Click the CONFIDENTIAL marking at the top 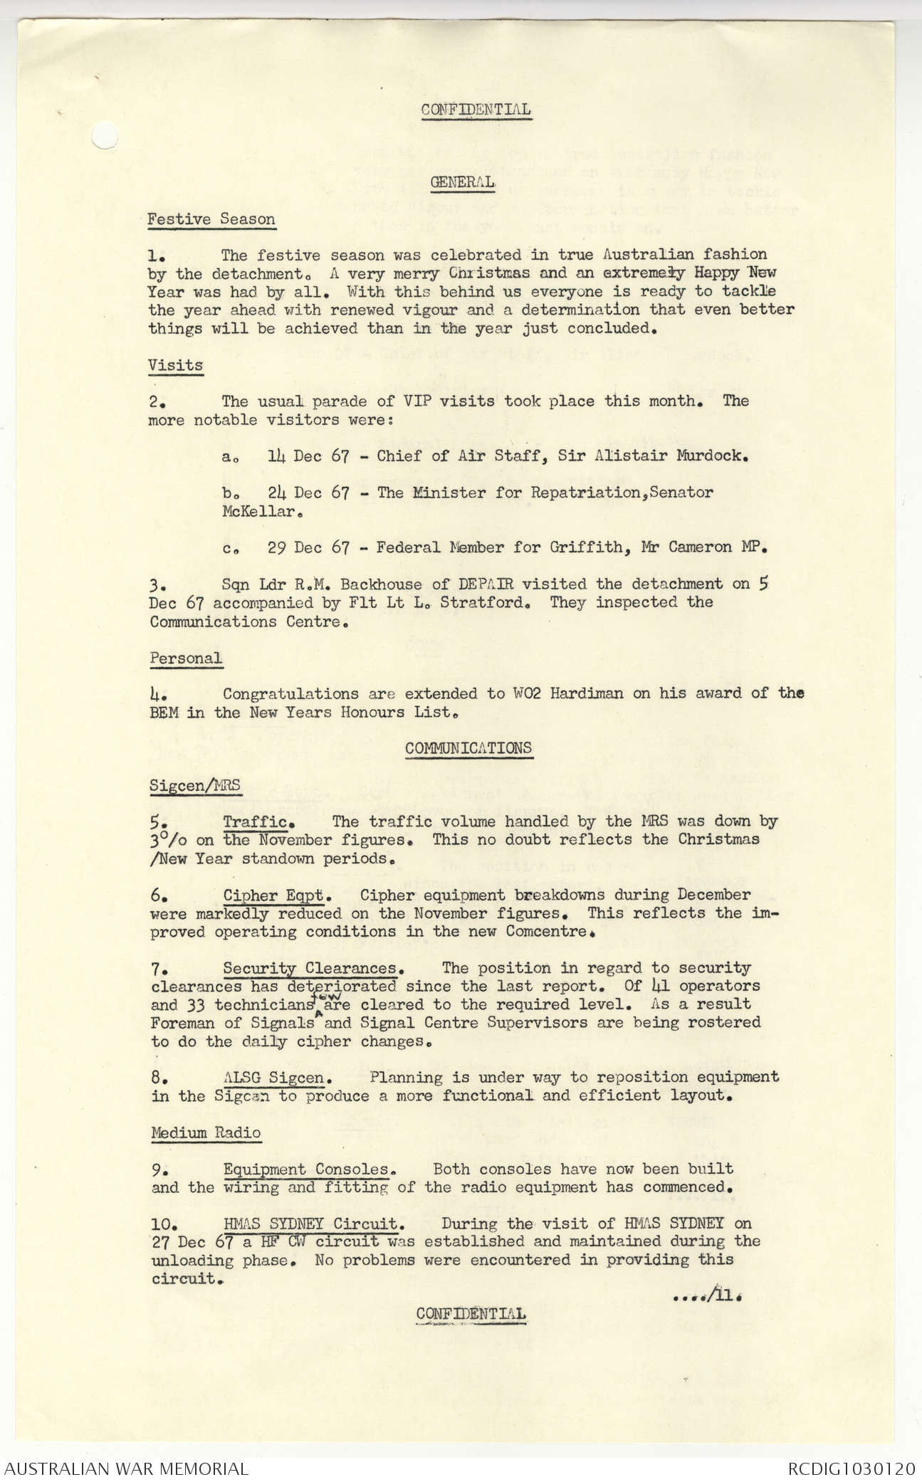tap(475, 110)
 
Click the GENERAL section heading tap(463, 182)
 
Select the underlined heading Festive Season tap(211, 219)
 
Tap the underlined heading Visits tap(175, 365)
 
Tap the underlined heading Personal tap(185, 658)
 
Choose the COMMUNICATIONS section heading tap(468, 748)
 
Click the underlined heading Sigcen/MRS tap(194, 786)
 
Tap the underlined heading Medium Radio tap(206, 1132)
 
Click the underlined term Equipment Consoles tap(307, 1169)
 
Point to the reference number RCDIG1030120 tap(850, 1468)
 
